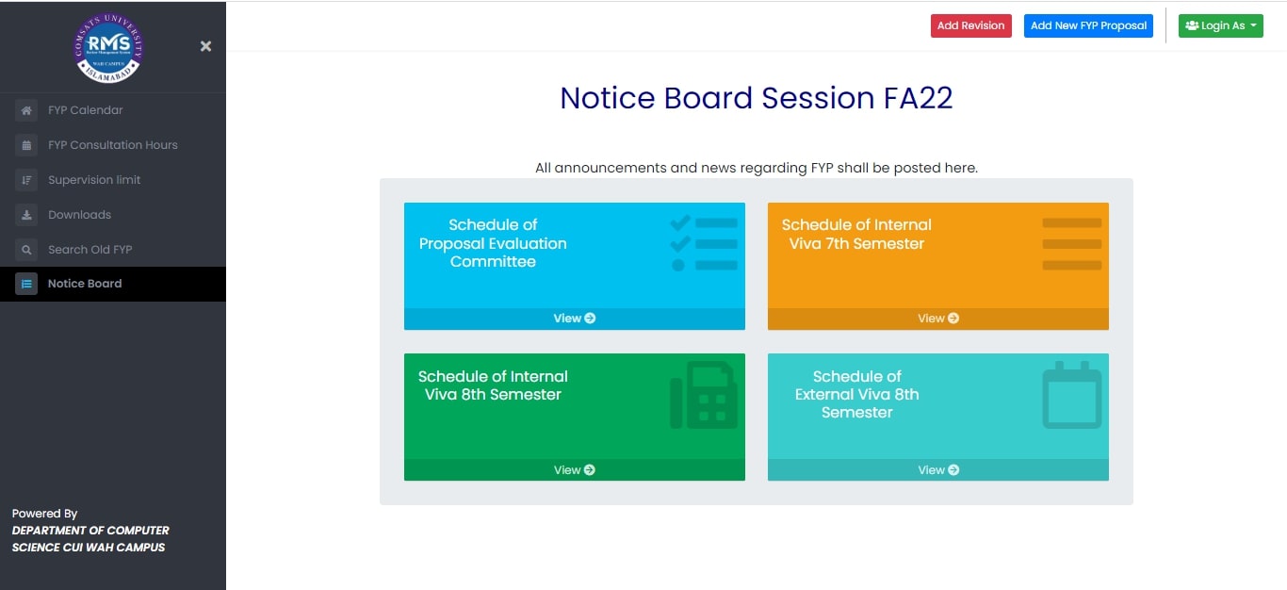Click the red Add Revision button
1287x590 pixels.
click(971, 25)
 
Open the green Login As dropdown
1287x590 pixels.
click(1221, 25)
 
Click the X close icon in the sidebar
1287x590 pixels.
click(205, 46)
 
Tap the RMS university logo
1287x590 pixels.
click(108, 48)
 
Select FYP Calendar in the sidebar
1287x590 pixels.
click(85, 110)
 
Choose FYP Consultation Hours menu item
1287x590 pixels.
click(113, 145)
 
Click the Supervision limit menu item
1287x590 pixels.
click(94, 180)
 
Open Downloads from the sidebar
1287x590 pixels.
click(79, 215)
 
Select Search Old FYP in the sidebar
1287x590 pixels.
click(90, 250)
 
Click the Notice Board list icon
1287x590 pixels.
click(26, 284)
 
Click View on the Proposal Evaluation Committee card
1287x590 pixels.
click(575, 319)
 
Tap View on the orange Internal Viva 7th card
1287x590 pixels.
click(938, 319)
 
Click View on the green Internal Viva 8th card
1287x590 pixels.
click(575, 470)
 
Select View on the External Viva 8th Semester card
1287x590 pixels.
click(938, 470)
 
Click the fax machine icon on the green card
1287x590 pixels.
click(704, 395)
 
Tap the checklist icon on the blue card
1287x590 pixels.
click(704, 243)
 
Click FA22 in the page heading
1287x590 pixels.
click(918, 98)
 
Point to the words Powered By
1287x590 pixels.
click(44, 514)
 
